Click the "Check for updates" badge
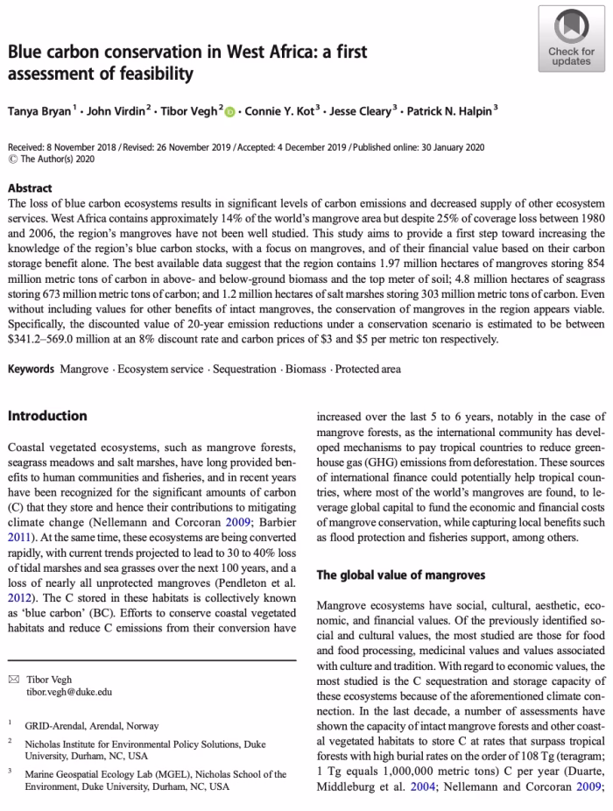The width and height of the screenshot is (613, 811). (x=571, y=39)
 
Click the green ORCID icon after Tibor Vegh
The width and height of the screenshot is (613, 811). (x=230, y=112)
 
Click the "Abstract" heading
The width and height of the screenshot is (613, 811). (x=30, y=188)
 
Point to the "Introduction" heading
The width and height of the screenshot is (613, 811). (x=47, y=415)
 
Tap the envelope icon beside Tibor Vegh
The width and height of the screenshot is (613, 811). (x=13, y=680)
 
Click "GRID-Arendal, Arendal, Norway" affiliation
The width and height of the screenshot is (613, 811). (x=91, y=726)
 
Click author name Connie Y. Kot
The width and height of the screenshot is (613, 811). (x=281, y=112)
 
